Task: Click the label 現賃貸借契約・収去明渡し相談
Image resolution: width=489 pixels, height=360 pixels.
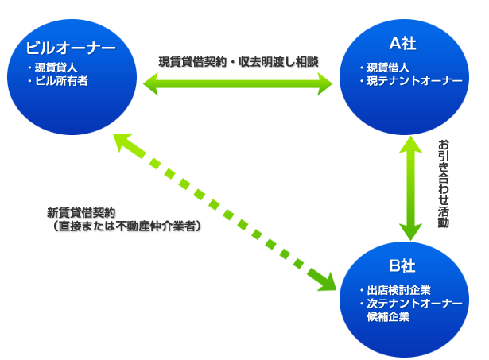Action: click(x=238, y=60)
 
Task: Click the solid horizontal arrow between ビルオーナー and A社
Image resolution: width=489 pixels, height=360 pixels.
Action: click(x=238, y=80)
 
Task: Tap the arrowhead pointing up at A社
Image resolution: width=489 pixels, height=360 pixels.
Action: click(x=410, y=145)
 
